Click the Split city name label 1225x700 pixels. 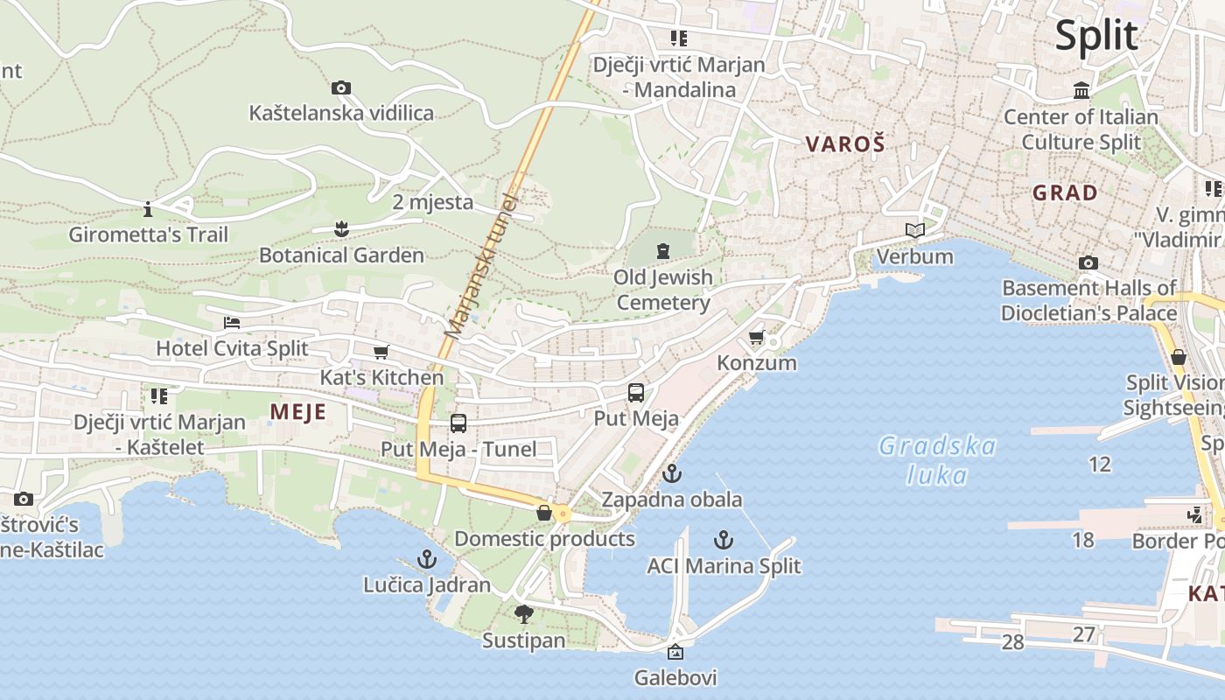(1095, 36)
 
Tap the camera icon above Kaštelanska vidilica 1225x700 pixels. (341, 87)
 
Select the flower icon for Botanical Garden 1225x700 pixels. (341, 229)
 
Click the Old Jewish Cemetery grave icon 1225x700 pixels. (663, 252)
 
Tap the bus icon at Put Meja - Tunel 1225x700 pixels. (458, 423)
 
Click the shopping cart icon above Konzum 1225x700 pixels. (757, 337)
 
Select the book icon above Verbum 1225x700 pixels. (915, 230)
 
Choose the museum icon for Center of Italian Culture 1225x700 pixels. (1081, 91)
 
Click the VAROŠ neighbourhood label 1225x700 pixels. (845, 144)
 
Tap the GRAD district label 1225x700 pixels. (1065, 193)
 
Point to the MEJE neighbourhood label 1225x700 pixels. (297, 412)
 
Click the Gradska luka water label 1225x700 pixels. (937, 460)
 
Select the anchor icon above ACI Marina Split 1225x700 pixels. (724, 540)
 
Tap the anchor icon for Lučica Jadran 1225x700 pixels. (427, 558)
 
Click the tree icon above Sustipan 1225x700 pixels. (524, 614)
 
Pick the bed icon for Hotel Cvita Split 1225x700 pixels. (232, 323)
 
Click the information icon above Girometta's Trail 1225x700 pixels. (148, 209)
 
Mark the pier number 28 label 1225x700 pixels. (1012, 642)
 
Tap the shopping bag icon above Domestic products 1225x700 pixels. (544, 513)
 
